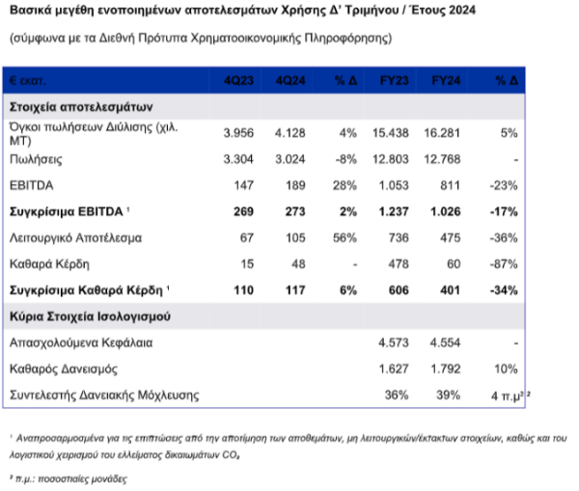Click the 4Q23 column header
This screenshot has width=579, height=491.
(x=238, y=80)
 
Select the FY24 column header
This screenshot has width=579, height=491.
(x=446, y=80)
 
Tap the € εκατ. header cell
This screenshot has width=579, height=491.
(x=28, y=80)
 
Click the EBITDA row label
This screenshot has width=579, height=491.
(x=32, y=185)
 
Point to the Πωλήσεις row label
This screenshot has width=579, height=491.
(x=36, y=159)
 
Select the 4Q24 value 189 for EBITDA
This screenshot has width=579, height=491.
(x=295, y=185)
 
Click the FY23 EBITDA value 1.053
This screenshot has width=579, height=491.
(x=394, y=185)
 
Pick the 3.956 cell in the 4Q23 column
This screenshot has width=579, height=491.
(x=238, y=133)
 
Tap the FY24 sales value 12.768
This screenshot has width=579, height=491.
(x=442, y=159)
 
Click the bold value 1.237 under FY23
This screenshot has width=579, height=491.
(x=394, y=211)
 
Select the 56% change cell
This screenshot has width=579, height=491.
(x=345, y=237)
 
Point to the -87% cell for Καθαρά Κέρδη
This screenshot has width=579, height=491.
(x=504, y=264)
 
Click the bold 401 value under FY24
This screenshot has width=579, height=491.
(x=450, y=290)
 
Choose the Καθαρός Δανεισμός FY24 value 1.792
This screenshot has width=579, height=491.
(x=446, y=368)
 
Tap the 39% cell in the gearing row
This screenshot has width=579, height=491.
(x=449, y=395)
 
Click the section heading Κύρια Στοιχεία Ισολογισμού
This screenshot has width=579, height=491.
(x=90, y=316)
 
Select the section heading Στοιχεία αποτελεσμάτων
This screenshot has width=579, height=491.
(x=81, y=107)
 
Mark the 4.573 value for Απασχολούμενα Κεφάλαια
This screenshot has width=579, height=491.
(x=394, y=342)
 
